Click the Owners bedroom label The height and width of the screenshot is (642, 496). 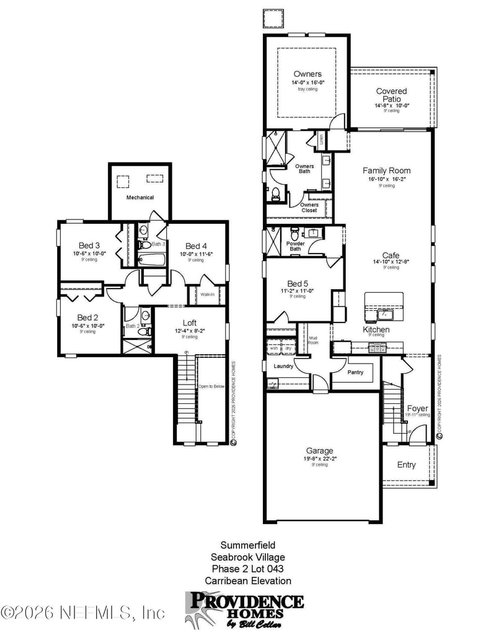point(308,74)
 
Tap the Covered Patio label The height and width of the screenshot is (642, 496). point(391,95)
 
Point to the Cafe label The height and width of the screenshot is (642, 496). point(391,255)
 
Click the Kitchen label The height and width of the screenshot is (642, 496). point(376,329)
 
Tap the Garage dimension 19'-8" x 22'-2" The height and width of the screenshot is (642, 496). point(320,458)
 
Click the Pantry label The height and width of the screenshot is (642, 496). point(355,372)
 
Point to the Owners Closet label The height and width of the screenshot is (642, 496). point(309,207)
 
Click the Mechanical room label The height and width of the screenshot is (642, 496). point(139,197)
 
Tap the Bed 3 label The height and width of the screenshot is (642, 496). point(90,245)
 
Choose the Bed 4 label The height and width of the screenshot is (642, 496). point(196,246)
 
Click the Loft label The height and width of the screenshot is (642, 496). point(190,323)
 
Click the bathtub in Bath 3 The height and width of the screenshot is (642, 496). point(151,261)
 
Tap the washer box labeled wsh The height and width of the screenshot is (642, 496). point(273,348)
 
